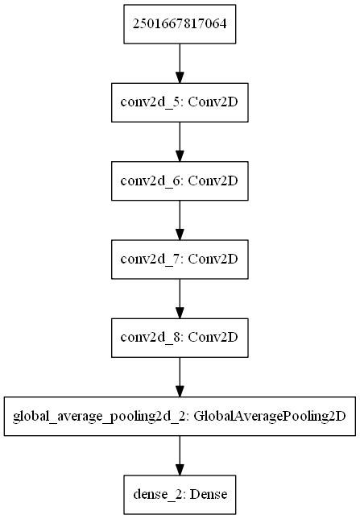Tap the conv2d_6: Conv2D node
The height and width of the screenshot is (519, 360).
(179, 182)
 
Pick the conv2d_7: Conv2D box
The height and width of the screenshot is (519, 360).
(179, 260)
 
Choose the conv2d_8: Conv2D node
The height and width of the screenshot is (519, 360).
(179, 339)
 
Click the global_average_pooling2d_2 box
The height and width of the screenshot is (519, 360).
(179, 417)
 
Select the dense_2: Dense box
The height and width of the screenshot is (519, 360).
(179, 496)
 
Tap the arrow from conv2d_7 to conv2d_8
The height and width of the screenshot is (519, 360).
(179, 300)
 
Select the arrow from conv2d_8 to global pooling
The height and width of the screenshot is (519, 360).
(179, 378)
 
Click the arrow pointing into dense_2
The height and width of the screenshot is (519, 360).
(179, 457)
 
